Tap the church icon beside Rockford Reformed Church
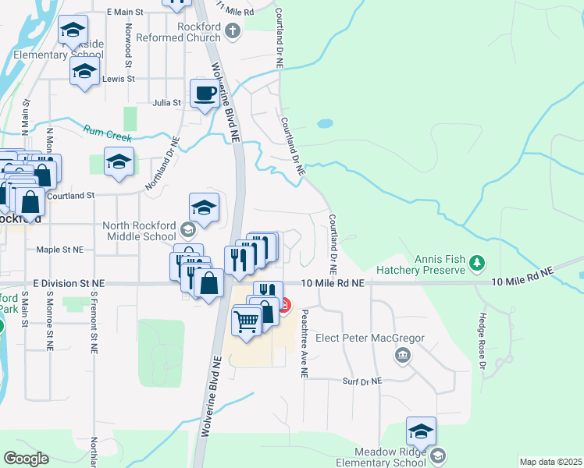click(x=232, y=32)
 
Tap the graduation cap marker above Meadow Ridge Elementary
click(x=421, y=432)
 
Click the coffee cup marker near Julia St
click(x=205, y=94)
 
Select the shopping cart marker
click(x=246, y=320)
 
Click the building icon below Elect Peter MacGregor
click(x=402, y=356)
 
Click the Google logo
click(x=26, y=459)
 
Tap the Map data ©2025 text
click(x=550, y=462)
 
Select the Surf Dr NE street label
click(x=362, y=381)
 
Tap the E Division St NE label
click(x=69, y=283)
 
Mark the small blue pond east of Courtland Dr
click(x=325, y=123)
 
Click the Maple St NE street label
click(x=60, y=250)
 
